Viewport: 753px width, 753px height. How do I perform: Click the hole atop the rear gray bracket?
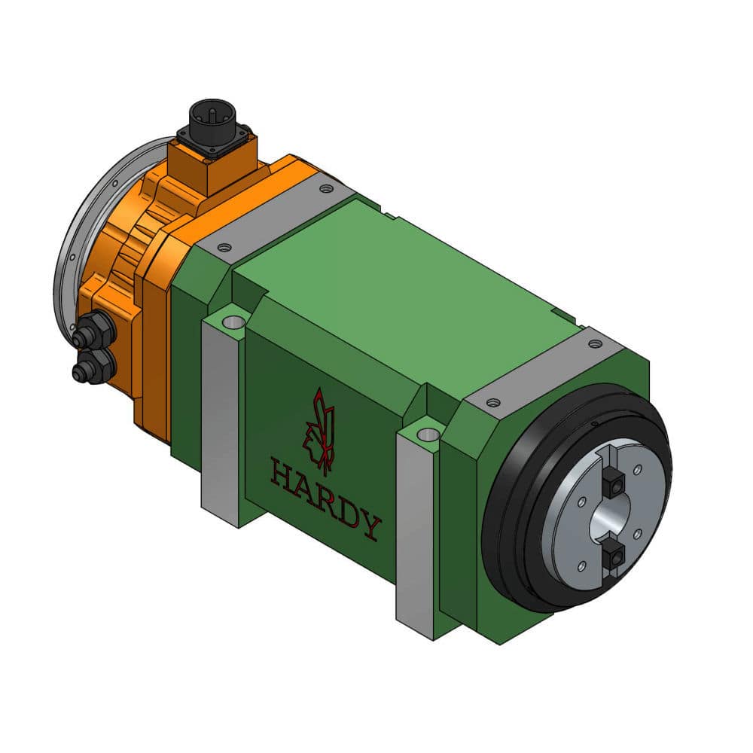click(x=233, y=322)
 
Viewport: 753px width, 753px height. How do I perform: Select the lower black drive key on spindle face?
click(x=617, y=556)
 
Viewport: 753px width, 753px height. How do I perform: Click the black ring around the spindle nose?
click(x=505, y=527)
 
